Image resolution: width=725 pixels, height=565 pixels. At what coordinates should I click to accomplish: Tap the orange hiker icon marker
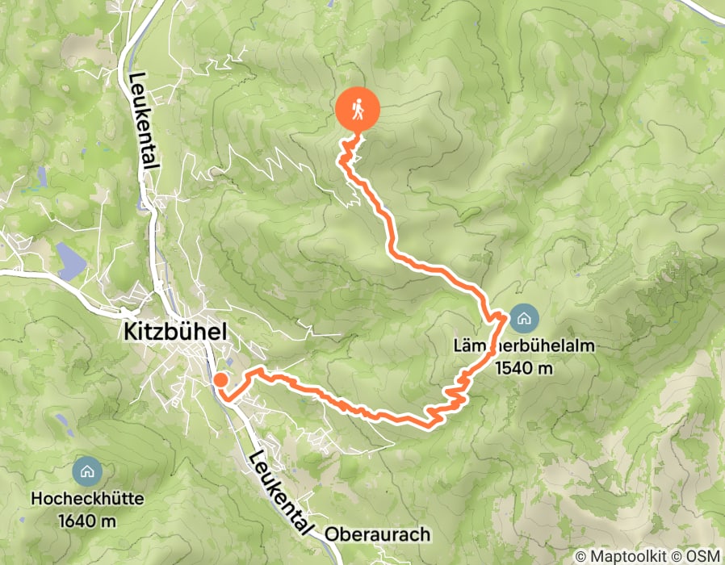coord(356,109)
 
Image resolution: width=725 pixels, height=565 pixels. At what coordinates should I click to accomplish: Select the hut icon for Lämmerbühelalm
coord(524,319)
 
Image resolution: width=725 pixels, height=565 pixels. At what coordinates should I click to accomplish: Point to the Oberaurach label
coord(378,534)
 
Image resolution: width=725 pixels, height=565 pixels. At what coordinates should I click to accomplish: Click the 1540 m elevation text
coord(523,369)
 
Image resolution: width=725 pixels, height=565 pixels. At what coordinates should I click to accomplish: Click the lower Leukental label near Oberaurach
coord(279,493)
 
